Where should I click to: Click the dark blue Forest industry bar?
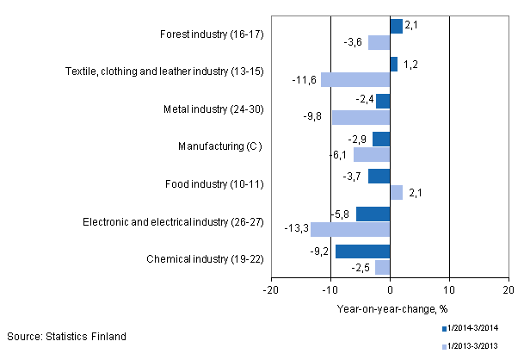[396, 26]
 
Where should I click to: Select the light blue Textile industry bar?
[354, 79]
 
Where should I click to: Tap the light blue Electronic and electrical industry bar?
[350, 229]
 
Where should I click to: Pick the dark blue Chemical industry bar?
[362, 251]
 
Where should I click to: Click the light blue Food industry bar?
[396, 192]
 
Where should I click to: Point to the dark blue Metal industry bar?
[383, 101]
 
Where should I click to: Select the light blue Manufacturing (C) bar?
[372, 154]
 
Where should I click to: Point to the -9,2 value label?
[320, 251]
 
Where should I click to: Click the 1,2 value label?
[410, 64]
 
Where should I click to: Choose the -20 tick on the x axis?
[272, 290]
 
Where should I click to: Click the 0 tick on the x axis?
[390, 290]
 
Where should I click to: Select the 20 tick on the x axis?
[508, 290]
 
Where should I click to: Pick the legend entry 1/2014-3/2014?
[472, 328]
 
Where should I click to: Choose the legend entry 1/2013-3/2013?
[472, 346]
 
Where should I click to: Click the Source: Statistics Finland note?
[66, 336]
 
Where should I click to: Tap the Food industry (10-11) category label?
[213, 183]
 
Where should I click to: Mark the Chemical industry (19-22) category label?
[206, 258]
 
